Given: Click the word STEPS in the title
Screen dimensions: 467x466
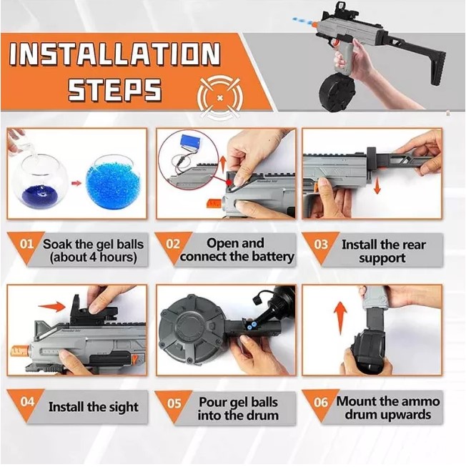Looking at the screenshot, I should [114, 89].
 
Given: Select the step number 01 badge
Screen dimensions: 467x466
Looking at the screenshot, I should [26, 244].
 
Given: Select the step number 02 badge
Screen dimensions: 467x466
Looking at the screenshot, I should [174, 244].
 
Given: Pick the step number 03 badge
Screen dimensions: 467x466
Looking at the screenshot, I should [321, 245].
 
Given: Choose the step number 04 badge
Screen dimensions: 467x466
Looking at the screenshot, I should [26, 401].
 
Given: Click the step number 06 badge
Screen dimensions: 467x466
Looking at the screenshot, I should [321, 402].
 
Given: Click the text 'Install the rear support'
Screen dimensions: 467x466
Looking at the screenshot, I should [382, 251].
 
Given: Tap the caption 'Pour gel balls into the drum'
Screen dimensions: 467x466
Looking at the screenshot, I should [237, 408].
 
